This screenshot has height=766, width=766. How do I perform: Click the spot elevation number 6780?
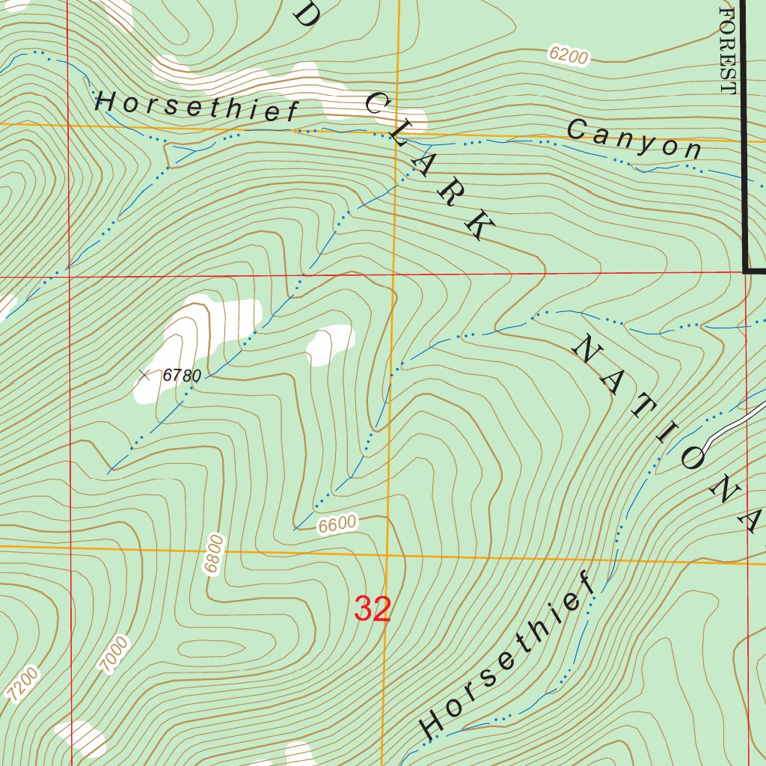[183, 376]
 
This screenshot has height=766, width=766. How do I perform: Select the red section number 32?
[373, 610]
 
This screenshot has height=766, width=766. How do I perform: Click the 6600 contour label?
[337, 525]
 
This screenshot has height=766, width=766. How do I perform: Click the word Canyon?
[634, 140]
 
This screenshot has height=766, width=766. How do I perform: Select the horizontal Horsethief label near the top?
[197, 106]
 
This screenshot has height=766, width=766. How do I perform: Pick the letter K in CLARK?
[478, 226]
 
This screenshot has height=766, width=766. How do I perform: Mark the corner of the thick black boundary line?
[747, 270]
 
